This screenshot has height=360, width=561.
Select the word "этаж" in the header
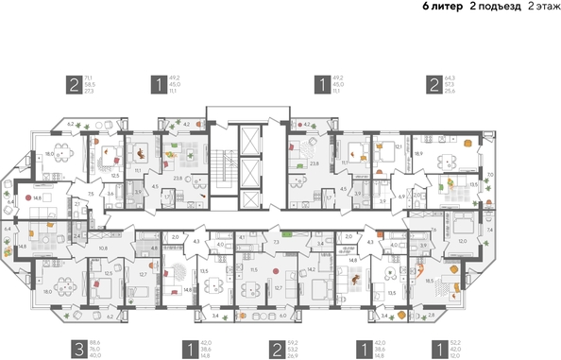click(x=543, y=7)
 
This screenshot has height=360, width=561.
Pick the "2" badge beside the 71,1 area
click(x=72, y=84)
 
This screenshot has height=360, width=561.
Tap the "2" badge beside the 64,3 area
click(x=434, y=84)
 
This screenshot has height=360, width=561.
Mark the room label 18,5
click(x=431, y=281)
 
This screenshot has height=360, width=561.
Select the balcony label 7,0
click(x=490, y=175)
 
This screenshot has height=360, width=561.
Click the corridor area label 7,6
click(x=432, y=230)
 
